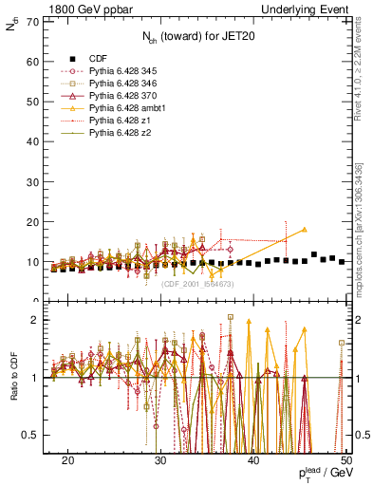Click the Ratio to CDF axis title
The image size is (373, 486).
pyautogui.click(x=12, y=378)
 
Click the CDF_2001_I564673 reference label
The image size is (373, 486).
pyautogui.click(x=197, y=284)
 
